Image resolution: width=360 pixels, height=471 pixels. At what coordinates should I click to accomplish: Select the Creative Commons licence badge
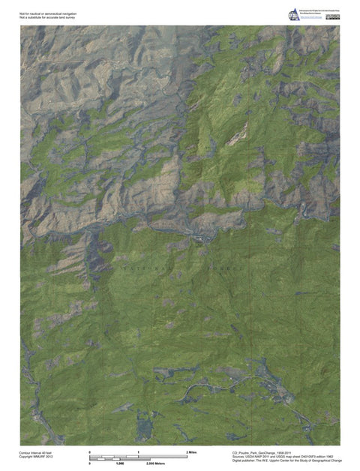(x=339, y=10)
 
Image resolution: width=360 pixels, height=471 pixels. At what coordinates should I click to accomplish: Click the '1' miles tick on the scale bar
(x=138, y=452)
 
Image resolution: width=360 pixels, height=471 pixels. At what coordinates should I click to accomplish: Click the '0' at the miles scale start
(x=90, y=452)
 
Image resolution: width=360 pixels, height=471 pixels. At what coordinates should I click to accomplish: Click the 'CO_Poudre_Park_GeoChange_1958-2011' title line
(x=267, y=452)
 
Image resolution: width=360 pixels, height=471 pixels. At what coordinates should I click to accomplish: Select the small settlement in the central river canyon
(x=201, y=238)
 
